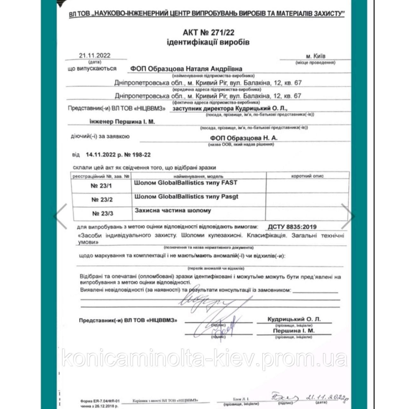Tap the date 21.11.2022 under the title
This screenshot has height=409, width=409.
95,56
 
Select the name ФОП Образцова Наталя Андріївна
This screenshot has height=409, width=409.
186,69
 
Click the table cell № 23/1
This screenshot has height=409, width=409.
101,186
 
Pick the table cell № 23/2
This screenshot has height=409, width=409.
102,200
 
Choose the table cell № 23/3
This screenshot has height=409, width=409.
102,214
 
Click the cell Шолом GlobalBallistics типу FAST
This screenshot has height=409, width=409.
186,183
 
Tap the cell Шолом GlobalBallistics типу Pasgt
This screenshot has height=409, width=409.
186,197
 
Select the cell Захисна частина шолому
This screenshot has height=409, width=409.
173,211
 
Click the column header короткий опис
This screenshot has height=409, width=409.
307,176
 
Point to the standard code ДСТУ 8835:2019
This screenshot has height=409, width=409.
292,227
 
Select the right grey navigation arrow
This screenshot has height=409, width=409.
348,216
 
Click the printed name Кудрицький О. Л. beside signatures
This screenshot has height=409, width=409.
294,319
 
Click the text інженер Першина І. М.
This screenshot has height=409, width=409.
122,122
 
